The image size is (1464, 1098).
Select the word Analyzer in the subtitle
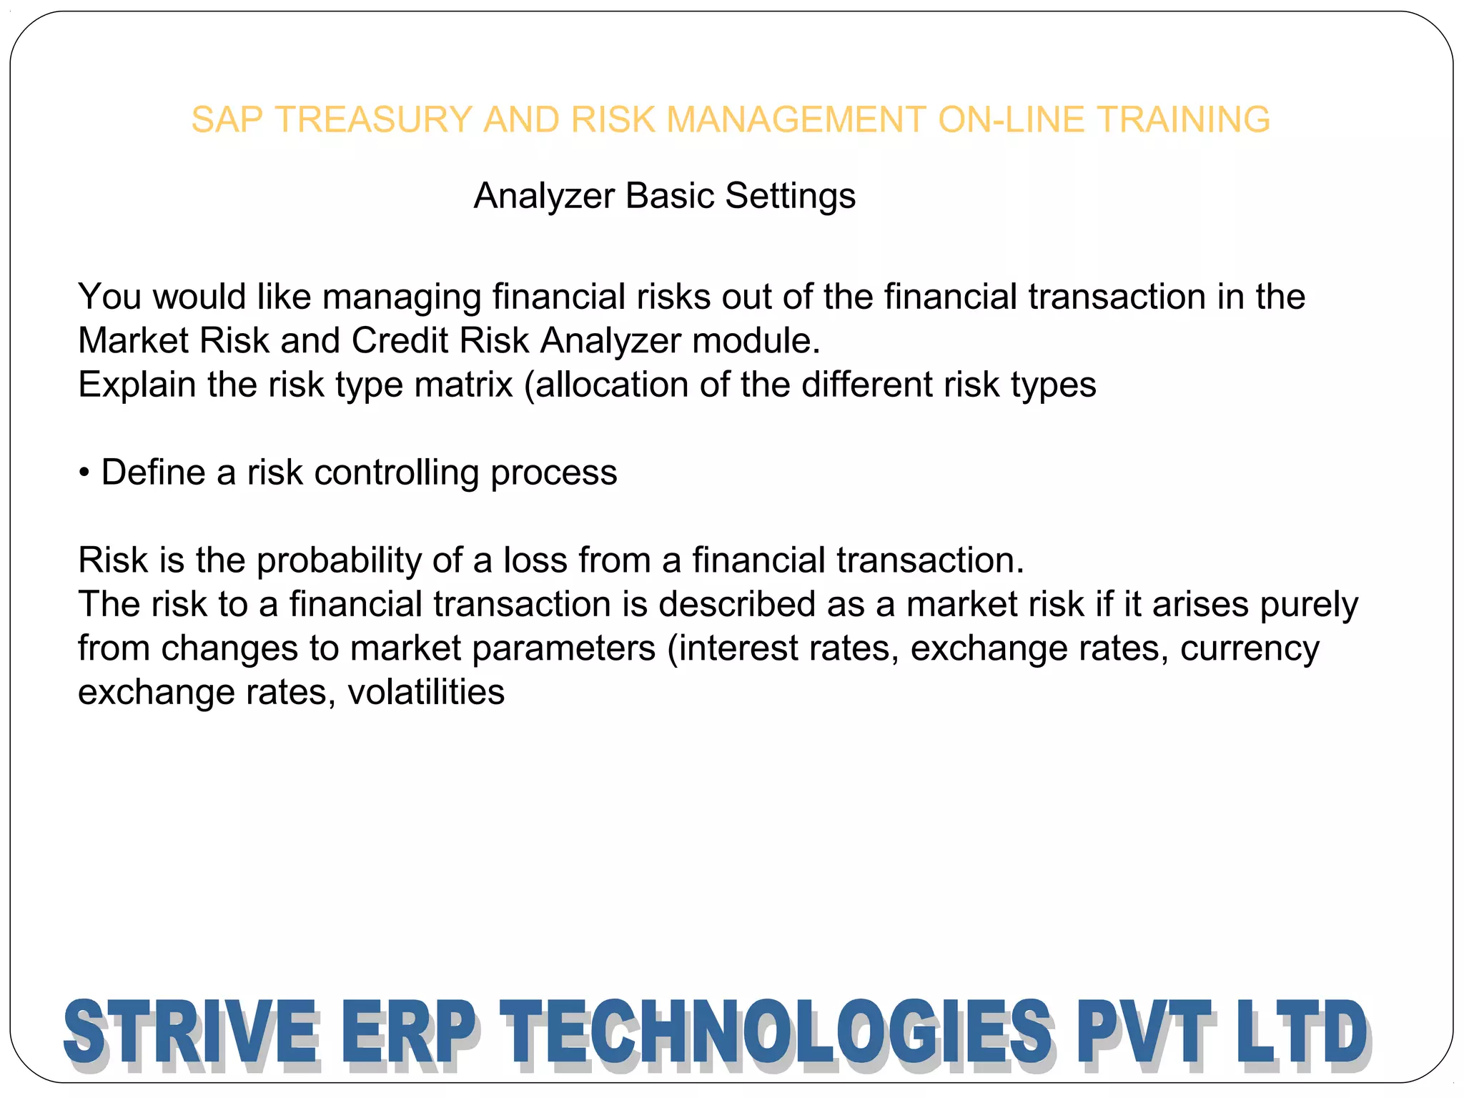coord(544,196)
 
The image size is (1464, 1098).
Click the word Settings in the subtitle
coord(790,196)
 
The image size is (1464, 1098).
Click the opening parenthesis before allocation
coord(530,386)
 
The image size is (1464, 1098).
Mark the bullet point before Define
coord(84,473)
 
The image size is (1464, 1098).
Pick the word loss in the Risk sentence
coord(535,560)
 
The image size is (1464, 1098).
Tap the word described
coord(737,605)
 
